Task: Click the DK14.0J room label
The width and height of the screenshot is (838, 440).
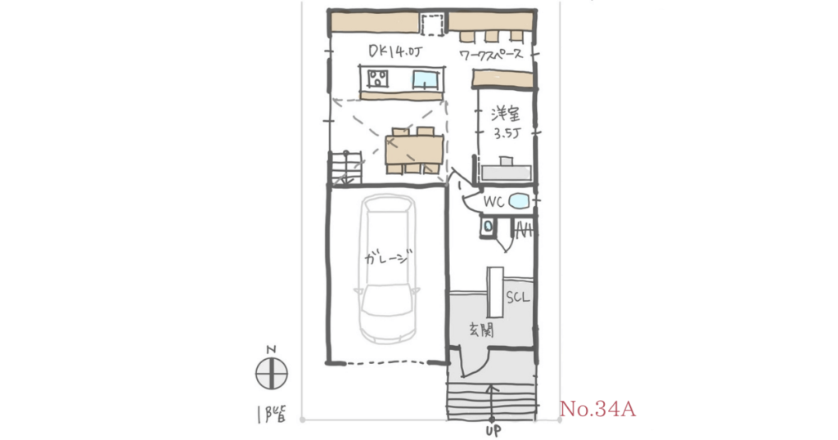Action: pyautogui.click(x=395, y=52)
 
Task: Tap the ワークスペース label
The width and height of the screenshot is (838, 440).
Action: pyautogui.click(x=491, y=55)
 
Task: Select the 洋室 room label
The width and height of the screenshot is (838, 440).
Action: pyautogui.click(x=505, y=114)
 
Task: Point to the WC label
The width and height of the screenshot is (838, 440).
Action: pyautogui.click(x=493, y=202)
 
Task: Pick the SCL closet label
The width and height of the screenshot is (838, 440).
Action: pyautogui.click(x=517, y=297)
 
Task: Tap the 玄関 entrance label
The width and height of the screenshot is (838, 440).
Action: pyautogui.click(x=481, y=330)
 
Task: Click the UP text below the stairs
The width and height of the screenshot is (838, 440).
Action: pyautogui.click(x=493, y=430)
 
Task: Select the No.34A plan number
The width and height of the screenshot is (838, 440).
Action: pyautogui.click(x=597, y=410)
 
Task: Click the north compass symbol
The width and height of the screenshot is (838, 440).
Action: pyautogui.click(x=272, y=373)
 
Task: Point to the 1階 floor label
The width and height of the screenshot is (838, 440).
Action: pyautogui.click(x=270, y=414)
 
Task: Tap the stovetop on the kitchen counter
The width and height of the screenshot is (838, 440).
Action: pyautogui.click(x=378, y=79)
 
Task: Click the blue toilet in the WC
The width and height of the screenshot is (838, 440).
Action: pyautogui.click(x=518, y=201)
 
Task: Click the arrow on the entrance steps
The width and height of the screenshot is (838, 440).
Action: pyautogui.click(x=492, y=402)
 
